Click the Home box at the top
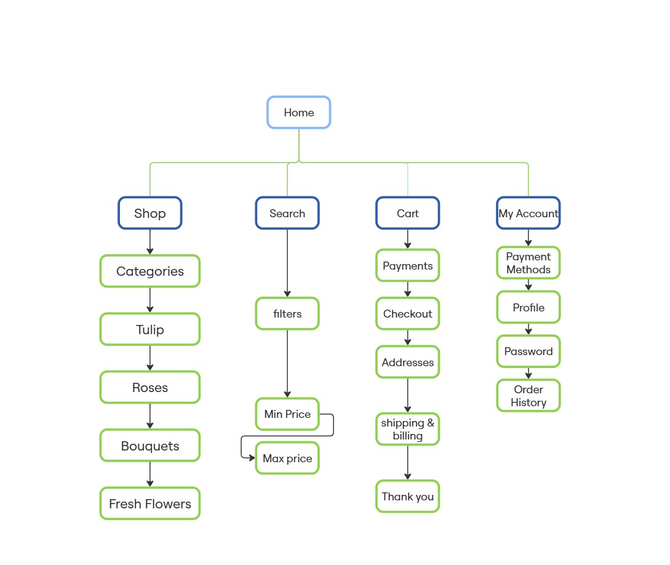coord(298,113)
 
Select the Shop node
coord(150,213)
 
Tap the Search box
coord(287,213)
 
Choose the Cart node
coord(408,213)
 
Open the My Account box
coord(528,213)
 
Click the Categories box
coord(150,271)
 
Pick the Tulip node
coord(150,329)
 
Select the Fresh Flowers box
coord(150,503)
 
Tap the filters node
coord(287,314)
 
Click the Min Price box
coord(287,414)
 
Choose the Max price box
coord(287,458)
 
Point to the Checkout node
coord(408,314)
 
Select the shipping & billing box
coord(408,429)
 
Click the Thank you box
coord(408,496)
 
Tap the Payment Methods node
coord(528,263)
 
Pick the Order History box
coord(528,396)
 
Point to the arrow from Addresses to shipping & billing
coord(408,395)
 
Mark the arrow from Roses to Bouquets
coord(150,416)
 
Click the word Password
coord(528,351)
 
